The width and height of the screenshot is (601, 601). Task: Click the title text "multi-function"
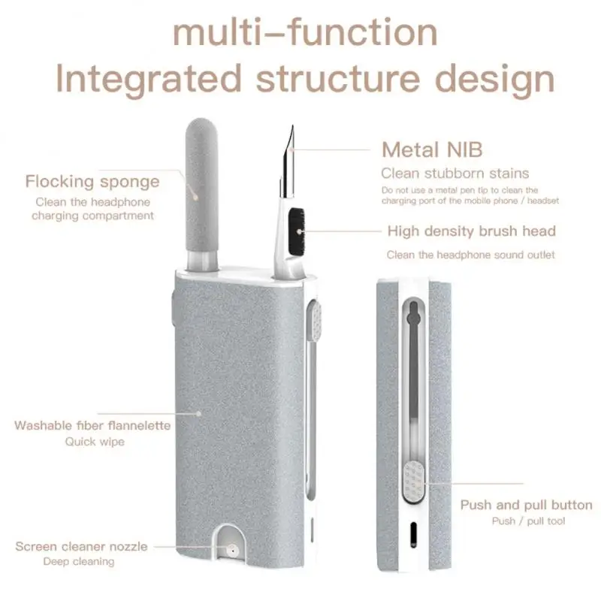[x=304, y=32]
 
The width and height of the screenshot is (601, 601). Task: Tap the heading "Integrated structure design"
[x=304, y=79]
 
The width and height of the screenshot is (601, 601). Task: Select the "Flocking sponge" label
[x=92, y=181]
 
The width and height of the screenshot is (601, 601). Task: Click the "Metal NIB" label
[x=432, y=149]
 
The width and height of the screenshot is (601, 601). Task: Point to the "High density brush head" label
[x=471, y=231]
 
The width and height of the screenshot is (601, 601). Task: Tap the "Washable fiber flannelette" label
[x=92, y=426]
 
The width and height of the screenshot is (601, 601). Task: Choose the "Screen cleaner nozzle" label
[x=81, y=546]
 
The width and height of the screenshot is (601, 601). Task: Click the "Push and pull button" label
[x=526, y=505]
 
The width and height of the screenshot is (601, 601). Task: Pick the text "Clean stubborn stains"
[x=455, y=174]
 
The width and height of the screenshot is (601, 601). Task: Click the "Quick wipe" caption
[x=94, y=442]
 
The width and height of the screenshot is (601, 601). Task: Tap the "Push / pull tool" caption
[x=528, y=521]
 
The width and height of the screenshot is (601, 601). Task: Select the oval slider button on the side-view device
[x=412, y=480]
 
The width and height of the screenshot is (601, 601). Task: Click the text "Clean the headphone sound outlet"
[x=471, y=255]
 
